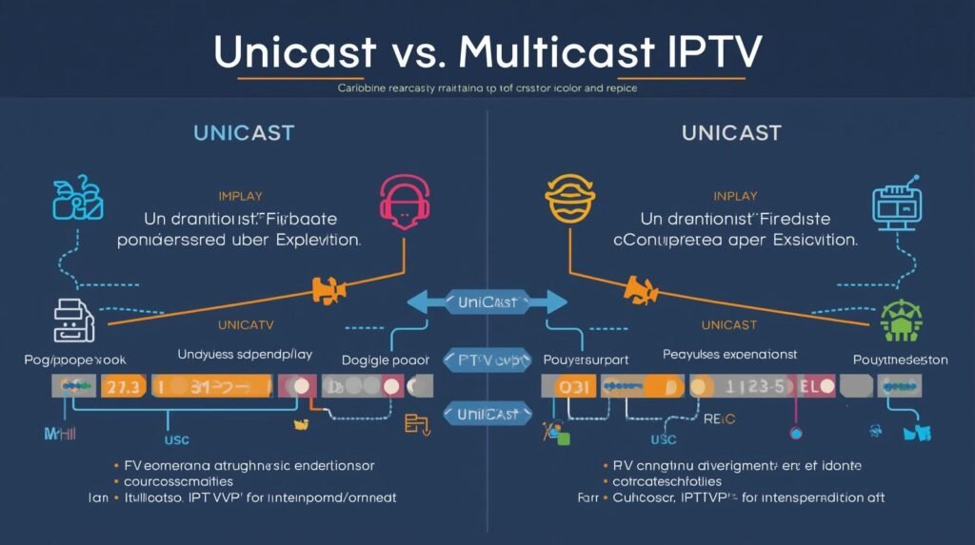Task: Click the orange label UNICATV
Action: (x=248, y=325)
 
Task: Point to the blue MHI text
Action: (x=58, y=433)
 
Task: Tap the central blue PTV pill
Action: (x=487, y=360)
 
